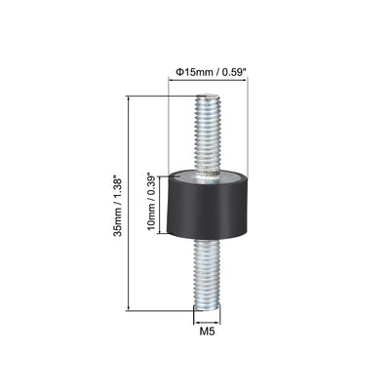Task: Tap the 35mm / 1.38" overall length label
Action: click(x=119, y=202)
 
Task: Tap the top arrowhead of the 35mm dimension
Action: click(x=130, y=98)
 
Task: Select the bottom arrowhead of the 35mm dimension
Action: click(x=130, y=307)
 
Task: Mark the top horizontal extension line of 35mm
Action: click(x=161, y=96)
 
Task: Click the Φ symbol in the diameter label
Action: click(x=178, y=69)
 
